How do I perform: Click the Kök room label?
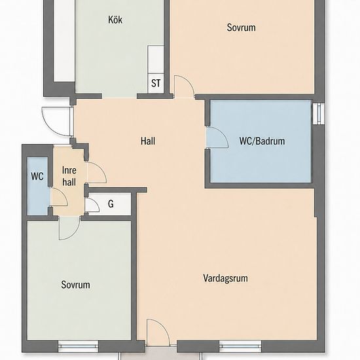tap(115, 20)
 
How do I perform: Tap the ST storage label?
tap(156, 83)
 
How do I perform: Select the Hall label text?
tap(148, 141)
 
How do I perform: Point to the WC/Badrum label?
tap(262, 141)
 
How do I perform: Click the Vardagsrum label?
tap(225, 278)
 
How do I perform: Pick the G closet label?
tap(111, 204)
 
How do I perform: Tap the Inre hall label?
tap(69, 176)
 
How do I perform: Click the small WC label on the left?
tap(37, 176)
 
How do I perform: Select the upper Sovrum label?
tap(241, 27)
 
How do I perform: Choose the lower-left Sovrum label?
tap(75, 285)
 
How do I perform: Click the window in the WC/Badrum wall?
tap(319, 113)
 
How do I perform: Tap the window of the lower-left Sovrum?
tap(78, 346)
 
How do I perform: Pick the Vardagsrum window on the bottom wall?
tap(240, 346)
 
